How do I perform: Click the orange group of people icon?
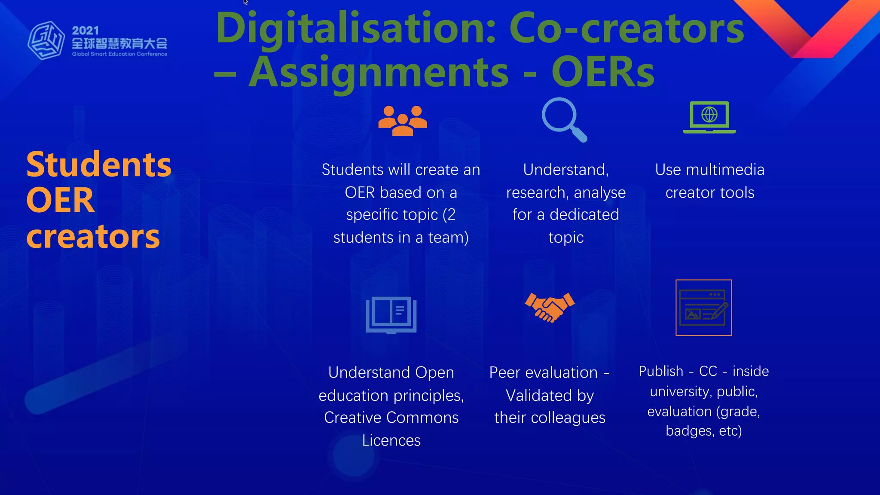coord(403,120)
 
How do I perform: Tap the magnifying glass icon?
coord(563,119)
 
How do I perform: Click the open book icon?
coord(391,315)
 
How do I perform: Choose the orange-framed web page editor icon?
coord(703,308)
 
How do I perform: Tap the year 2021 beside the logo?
coord(86,31)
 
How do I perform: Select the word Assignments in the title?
coord(379,72)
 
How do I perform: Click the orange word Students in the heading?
coord(99,165)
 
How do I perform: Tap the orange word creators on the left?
coord(93,237)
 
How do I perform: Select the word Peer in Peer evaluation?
coord(505,373)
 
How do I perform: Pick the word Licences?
coord(391,440)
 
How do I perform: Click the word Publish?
coord(660,371)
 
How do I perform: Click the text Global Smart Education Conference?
coord(119,54)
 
